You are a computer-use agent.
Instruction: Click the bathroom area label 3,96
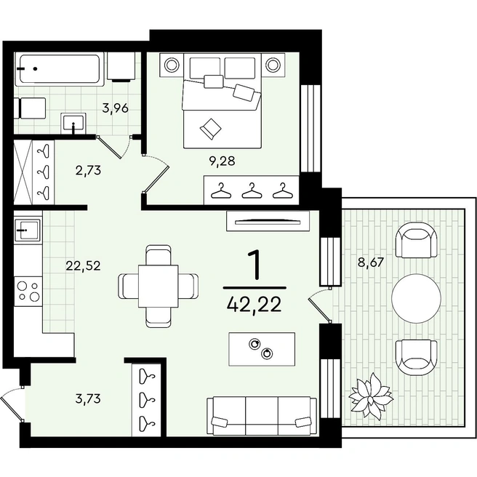[116, 108]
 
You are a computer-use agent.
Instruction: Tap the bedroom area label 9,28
[222, 161]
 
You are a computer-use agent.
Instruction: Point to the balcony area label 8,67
[371, 262]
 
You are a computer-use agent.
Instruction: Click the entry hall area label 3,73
[88, 398]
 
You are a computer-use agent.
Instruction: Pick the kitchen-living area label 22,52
[83, 266]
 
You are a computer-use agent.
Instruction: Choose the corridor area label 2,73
[88, 170]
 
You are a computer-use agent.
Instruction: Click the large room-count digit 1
[254, 265]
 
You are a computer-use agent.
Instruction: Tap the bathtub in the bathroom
[60, 69]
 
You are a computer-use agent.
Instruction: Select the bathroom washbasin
[73, 123]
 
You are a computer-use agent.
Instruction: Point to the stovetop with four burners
[28, 291]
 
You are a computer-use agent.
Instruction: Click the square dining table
[159, 286]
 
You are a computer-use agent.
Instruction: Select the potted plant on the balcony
[371, 393]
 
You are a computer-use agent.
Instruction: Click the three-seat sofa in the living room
[262, 415]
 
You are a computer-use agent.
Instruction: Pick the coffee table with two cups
[262, 349]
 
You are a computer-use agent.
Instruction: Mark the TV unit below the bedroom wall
[268, 221]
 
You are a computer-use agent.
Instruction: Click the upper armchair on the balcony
[416, 241]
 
